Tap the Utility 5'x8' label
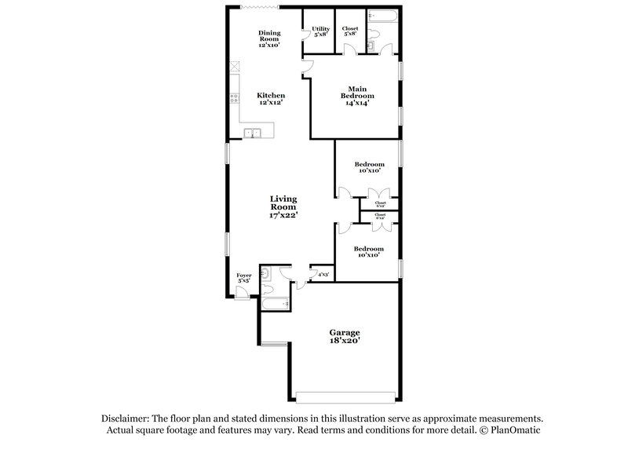click(x=320, y=32)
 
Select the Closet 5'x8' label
click(x=350, y=32)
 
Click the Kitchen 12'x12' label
click(x=272, y=99)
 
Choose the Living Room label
click(x=283, y=207)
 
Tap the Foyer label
click(x=243, y=277)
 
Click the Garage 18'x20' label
click(x=345, y=336)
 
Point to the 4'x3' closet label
click(x=323, y=275)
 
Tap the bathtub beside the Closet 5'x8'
click(x=384, y=15)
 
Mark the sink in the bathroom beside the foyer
click(x=266, y=274)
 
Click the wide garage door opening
click(x=345, y=393)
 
